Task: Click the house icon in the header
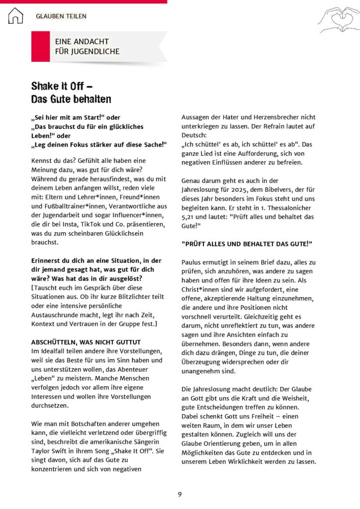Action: (x=15, y=16)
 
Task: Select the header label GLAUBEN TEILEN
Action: (x=61, y=16)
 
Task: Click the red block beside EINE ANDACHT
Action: (x=40, y=46)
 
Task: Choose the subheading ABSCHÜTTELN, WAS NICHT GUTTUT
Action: (x=86, y=342)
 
